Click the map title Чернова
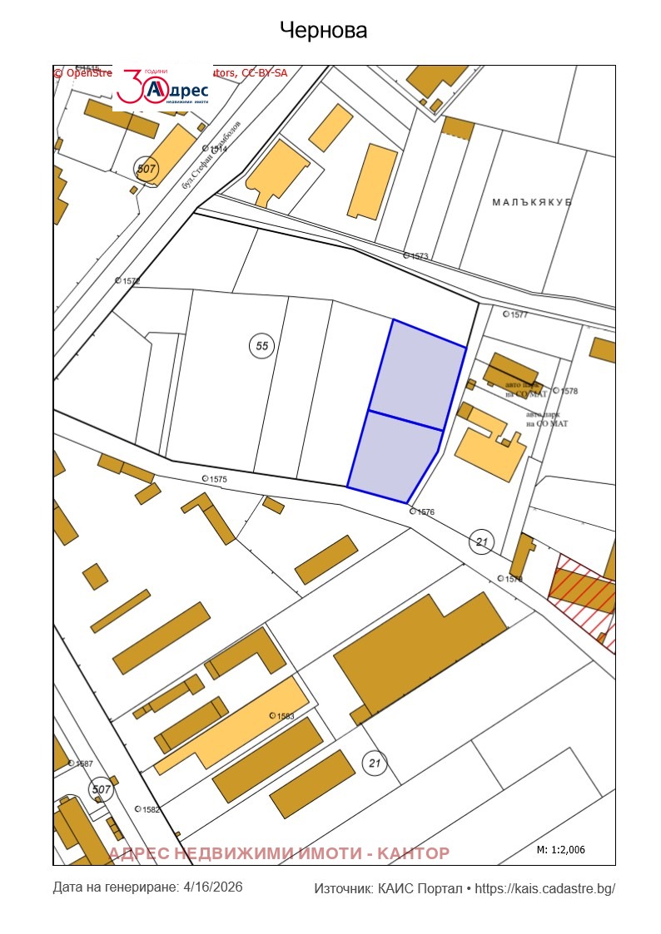tap(323, 31)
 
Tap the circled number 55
tap(262, 346)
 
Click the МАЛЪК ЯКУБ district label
tap(532, 202)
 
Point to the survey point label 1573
tap(419, 256)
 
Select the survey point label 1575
tap(217, 479)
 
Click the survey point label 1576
tap(425, 512)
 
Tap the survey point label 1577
tap(519, 314)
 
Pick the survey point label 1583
tap(285, 715)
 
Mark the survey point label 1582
tap(150, 809)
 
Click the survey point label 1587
tap(82, 763)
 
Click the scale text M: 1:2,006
tap(561, 850)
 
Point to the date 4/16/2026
tap(212, 887)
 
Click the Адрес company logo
tap(162, 86)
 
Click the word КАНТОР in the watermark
tap(413, 853)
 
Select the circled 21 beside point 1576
tap(481, 542)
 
